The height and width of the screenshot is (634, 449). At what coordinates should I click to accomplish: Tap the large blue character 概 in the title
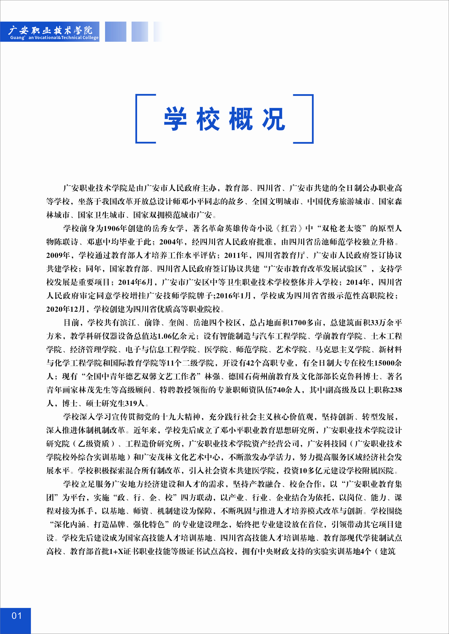(241, 119)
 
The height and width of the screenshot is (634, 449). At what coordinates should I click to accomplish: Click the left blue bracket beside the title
(141, 119)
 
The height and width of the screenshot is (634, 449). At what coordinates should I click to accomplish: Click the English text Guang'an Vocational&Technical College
(54, 38)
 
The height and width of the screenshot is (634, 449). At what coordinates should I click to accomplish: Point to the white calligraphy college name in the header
(50, 30)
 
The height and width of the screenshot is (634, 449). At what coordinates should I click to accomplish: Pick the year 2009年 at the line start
(58, 255)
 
